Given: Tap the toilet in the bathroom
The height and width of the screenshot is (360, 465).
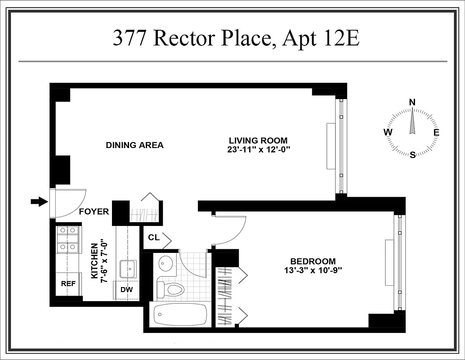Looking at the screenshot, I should pyautogui.click(x=170, y=288).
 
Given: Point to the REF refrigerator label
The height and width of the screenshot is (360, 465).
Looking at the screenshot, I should pyautogui.click(x=68, y=284).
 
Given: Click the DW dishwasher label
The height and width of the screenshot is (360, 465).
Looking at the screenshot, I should pyautogui.click(x=127, y=289).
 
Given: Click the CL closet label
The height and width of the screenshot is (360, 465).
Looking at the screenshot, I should pyautogui.click(x=153, y=238).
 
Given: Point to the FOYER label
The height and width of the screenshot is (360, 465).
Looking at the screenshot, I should pyautogui.click(x=94, y=211).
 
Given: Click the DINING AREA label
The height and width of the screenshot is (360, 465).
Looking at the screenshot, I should pyautogui.click(x=134, y=145).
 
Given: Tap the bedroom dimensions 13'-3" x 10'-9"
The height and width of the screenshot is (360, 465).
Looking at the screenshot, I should pyautogui.click(x=313, y=270).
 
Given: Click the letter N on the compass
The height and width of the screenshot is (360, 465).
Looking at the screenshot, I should pyautogui.click(x=412, y=102).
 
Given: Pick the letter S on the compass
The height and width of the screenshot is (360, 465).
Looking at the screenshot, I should pyautogui.click(x=412, y=155).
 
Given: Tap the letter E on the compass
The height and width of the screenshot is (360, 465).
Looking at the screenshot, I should pyautogui.click(x=436, y=132).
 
